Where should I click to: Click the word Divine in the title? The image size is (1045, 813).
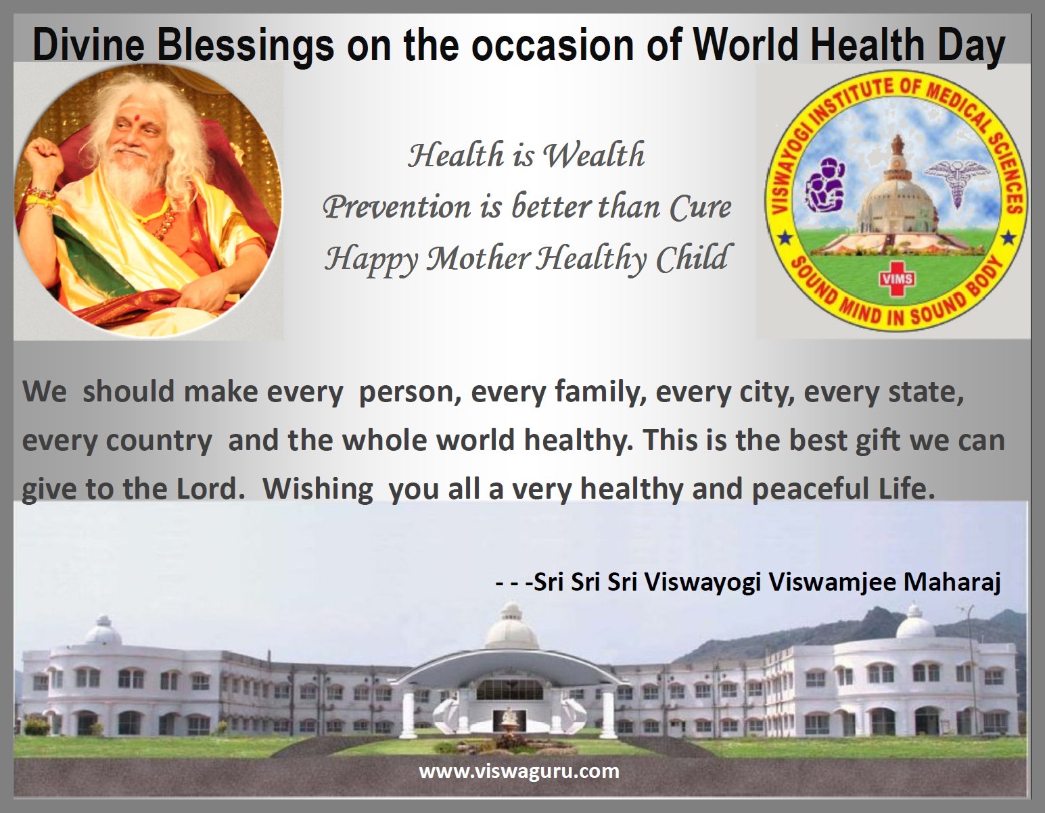[x=89, y=45]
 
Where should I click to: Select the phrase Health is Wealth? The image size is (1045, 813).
[x=526, y=155]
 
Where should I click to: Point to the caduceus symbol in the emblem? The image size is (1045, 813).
[x=956, y=183]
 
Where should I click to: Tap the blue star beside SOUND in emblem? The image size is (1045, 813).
[x=785, y=237]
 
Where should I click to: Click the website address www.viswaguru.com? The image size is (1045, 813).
[x=519, y=771]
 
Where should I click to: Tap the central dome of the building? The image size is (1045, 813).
[x=512, y=627]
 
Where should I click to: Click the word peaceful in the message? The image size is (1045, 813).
[x=811, y=490]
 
